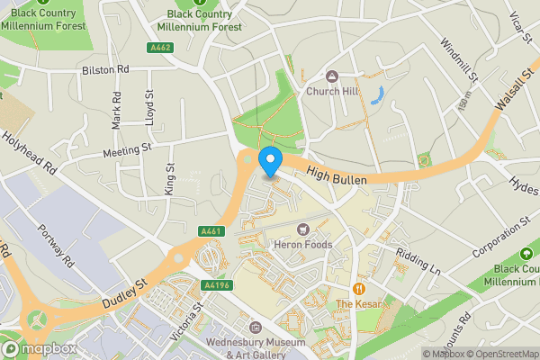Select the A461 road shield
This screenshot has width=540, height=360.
pyautogui.click(x=211, y=231)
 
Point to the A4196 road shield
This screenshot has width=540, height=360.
pyautogui.click(x=217, y=286)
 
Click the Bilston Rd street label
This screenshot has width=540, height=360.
pyautogui.click(x=105, y=68)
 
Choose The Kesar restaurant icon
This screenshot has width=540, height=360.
pyautogui.click(x=358, y=289)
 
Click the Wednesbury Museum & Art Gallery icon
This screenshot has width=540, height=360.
pyautogui.click(x=256, y=328)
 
